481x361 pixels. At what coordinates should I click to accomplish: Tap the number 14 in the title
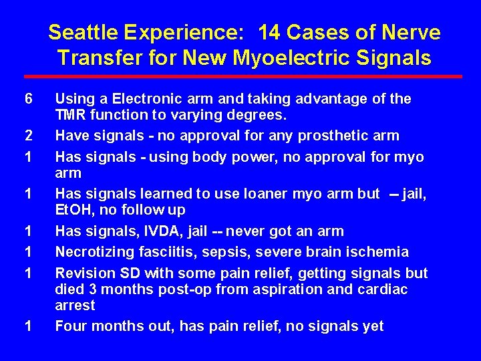[x=273, y=32]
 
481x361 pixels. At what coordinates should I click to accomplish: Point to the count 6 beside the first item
[x=28, y=99]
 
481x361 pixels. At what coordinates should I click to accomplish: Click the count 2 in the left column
[x=28, y=136]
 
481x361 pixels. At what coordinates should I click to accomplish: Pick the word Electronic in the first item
[x=144, y=99]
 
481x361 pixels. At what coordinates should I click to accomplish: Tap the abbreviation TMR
[x=70, y=114]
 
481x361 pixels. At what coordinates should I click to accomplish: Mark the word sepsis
[x=218, y=252]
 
